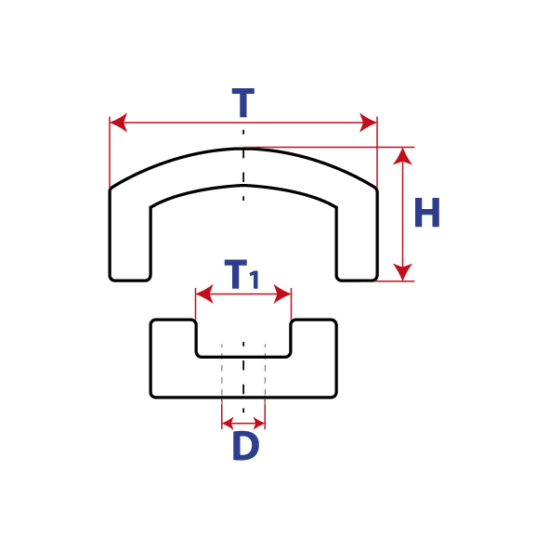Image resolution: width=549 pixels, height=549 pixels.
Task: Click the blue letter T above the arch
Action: point(243,102)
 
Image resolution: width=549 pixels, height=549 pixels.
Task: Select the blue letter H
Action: point(426,213)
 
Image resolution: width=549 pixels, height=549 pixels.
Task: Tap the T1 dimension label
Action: point(242,274)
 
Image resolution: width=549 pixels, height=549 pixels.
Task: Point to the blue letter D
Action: point(246,446)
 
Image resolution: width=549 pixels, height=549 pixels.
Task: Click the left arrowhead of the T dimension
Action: point(118,123)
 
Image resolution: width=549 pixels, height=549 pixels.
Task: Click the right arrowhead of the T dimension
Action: point(369,123)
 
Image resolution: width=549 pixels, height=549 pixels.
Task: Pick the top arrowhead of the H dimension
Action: point(402,156)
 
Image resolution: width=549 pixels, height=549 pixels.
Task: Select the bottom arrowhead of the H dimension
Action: point(402,272)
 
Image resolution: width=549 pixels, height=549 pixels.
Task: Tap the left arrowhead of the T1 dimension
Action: point(204,294)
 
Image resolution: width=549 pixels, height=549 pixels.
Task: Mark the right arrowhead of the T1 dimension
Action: point(282,294)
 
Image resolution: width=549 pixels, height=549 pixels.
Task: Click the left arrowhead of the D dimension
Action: point(228,424)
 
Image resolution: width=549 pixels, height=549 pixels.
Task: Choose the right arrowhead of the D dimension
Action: point(259,424)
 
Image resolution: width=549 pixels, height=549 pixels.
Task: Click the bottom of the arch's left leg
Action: point(130,281)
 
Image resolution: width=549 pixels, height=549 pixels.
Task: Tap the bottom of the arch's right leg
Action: point(357,281)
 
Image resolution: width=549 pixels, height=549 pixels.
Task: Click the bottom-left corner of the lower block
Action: point(151,397)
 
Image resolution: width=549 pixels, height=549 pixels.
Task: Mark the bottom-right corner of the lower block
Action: point(336,397)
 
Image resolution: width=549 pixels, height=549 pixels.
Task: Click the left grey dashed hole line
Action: point(222,374)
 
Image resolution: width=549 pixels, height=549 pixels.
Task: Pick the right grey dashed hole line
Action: point(265,374)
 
